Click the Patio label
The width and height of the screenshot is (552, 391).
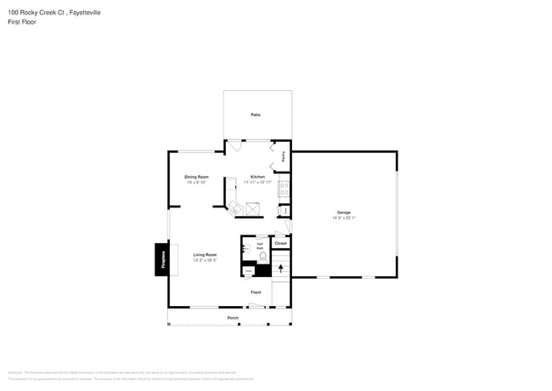[x=256, y=115]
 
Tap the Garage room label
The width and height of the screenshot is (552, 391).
[x=343, y=212]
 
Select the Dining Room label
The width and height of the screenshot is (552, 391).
[x=196, y=177]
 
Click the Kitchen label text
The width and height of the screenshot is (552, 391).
[x=257, y=177]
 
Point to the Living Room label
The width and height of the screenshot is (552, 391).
[x=205, y=255]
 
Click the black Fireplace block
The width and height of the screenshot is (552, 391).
[x=161, y=259]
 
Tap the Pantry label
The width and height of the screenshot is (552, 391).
[x=284, y=156]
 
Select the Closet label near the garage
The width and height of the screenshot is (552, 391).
[x=280, y=244]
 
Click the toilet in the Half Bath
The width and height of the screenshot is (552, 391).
[x=263, y=256]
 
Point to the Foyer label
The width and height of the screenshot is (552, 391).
[x=256, y=292]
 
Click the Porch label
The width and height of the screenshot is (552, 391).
[x=233, y=318]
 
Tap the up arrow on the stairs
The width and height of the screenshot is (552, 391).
[x=281, y=269]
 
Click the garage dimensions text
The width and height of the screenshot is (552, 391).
[x=343, y=218]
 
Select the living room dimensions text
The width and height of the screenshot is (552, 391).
[x=205, y=260]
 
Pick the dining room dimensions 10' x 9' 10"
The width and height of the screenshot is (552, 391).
[x=196, y=183]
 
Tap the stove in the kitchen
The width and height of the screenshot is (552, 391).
[x=283, y=190]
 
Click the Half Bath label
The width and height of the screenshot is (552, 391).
[x=260, y=246]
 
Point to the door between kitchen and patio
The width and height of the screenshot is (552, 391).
[x=235, y=145]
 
